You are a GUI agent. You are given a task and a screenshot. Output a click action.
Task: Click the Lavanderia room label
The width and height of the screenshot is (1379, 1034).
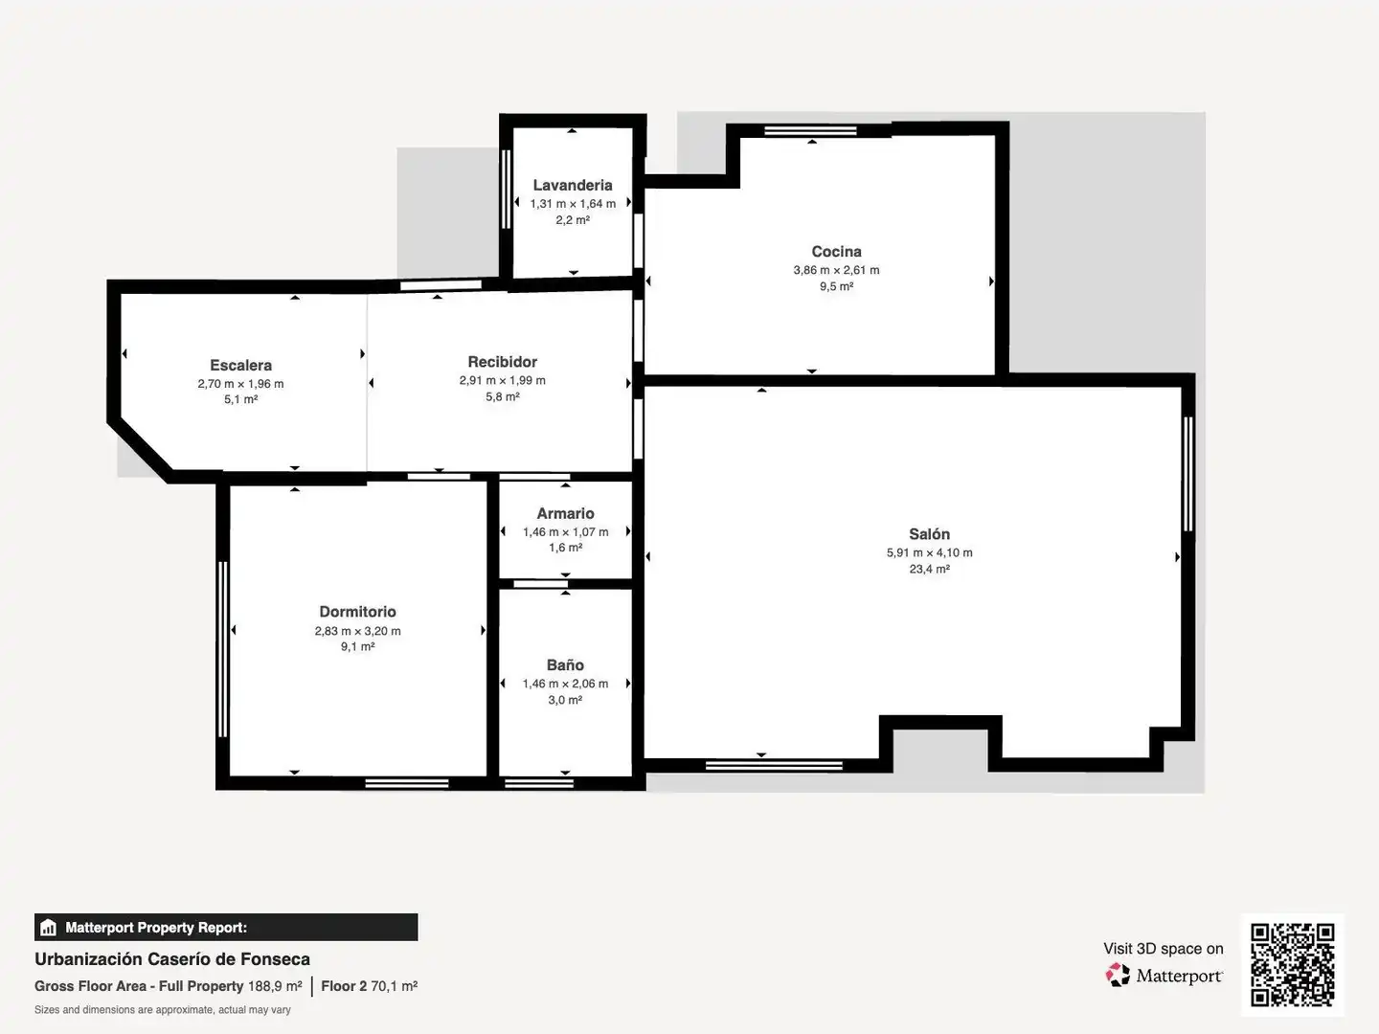tap(573, 185)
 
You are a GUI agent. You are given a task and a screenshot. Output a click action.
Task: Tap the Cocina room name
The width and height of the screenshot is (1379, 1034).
tap(836, 252)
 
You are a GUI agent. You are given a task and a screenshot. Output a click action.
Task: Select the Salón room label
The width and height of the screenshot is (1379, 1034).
tap(929, 534)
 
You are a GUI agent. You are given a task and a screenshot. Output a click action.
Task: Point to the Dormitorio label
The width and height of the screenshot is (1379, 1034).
tap(357, 612)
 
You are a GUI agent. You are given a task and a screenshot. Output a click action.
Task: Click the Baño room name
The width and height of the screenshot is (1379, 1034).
tap(565, 664)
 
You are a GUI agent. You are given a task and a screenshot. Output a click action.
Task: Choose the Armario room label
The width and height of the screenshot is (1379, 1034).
tap(565, 513)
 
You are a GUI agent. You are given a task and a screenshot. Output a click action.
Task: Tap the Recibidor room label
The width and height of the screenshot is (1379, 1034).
tap(503, 362)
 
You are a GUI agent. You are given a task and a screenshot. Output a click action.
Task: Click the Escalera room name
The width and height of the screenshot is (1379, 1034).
tap(240, 366)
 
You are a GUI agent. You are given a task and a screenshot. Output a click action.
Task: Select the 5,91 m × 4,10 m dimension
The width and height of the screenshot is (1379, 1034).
tap(929, 553)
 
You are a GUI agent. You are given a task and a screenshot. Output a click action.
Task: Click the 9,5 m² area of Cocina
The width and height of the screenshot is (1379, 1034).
tap(836, 287)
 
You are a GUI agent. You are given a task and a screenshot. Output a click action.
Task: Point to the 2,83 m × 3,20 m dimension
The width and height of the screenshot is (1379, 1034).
tap(357, 631)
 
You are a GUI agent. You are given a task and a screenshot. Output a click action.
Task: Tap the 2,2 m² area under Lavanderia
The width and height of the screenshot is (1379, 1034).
tap(573, 220)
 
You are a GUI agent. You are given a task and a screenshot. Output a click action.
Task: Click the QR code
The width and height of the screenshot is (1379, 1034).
tap(1292, 965)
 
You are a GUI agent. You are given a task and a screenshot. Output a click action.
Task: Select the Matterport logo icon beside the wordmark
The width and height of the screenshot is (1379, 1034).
tap(1118, 975)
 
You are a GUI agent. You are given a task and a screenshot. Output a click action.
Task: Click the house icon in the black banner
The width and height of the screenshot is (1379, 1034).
tap(49, 928)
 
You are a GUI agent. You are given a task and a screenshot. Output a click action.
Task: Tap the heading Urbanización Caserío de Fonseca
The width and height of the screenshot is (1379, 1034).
tap(172, 959)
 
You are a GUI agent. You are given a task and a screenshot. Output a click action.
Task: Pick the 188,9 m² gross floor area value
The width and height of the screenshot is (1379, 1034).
tap(275, 986)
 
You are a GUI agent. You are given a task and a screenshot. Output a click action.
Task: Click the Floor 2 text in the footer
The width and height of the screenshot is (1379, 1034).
tap(344, 986)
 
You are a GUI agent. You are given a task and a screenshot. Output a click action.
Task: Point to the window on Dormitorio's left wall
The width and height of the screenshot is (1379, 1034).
tap(222, 649)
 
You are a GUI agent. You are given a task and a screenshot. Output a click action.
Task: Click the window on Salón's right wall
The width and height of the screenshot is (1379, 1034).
tap(1188, 475)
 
